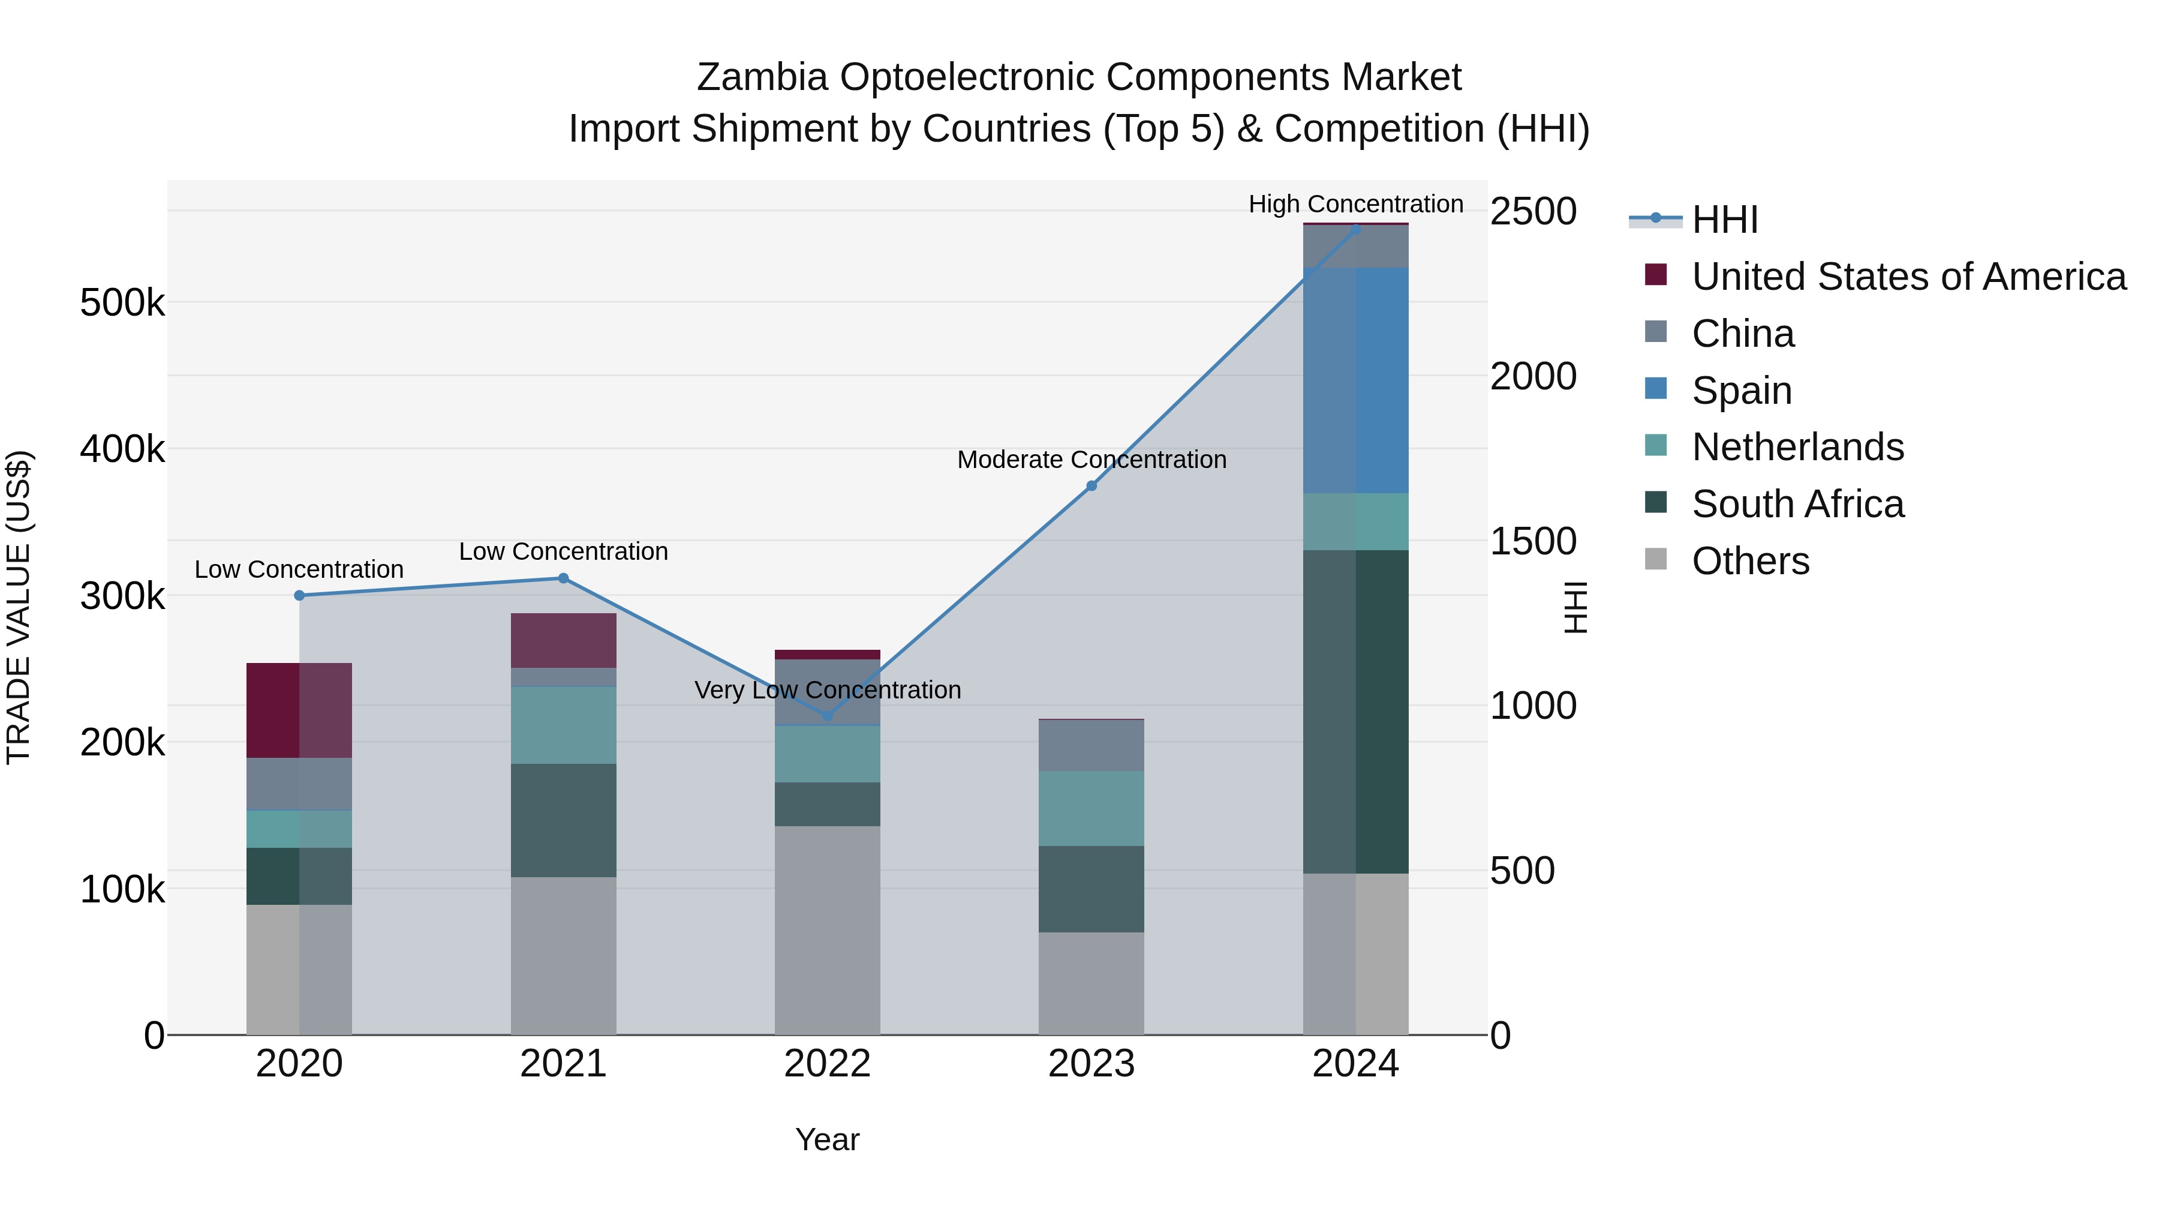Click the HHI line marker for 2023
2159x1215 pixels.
[1091, 485]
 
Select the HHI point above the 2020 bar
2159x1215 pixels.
[299, 595]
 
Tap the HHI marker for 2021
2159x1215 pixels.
[563, 578]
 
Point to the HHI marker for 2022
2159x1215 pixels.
[827, 716]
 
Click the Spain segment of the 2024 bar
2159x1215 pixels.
[1355, 380]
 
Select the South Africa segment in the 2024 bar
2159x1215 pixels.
[1355, 711]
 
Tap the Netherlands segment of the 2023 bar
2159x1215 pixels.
[1091, 808]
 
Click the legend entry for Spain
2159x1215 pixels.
[1741, 391]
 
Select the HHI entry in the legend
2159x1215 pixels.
[1724, 220]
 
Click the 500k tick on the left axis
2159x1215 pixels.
[122, 303]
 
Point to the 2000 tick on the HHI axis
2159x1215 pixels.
[1533, 376]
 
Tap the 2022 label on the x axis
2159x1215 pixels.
[827, 1064]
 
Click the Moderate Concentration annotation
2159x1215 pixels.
[1091, 460]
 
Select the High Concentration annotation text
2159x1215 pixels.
[1355, 204]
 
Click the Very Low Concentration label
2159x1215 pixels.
[827, 690]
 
